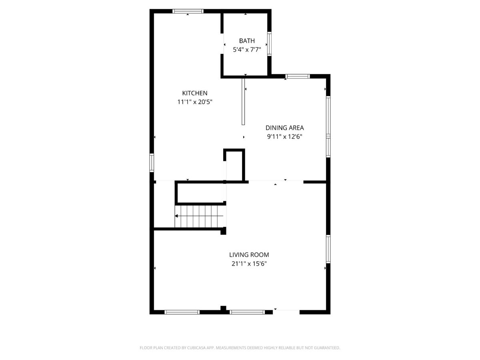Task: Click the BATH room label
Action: [247, 41]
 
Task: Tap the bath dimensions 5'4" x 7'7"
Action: [247, 50]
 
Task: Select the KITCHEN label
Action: [195, 93]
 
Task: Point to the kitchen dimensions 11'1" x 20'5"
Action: [195, 102]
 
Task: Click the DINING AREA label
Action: [284, 128]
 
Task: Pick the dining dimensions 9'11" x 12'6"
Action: [284, 137]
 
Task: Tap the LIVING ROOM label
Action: [249, 255]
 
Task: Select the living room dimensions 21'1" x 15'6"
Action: [249, 264]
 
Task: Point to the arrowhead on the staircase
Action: [176, 216]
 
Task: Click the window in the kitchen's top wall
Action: [188, 11]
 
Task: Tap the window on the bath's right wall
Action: [270, 44]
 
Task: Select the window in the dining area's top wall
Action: [298, 76]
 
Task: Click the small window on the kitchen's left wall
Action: [152, 163]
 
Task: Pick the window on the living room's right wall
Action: [328, 249]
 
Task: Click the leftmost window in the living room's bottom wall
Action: [182, 312]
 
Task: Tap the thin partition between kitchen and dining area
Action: [243, 102]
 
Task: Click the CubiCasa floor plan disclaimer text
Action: [240, 348]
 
